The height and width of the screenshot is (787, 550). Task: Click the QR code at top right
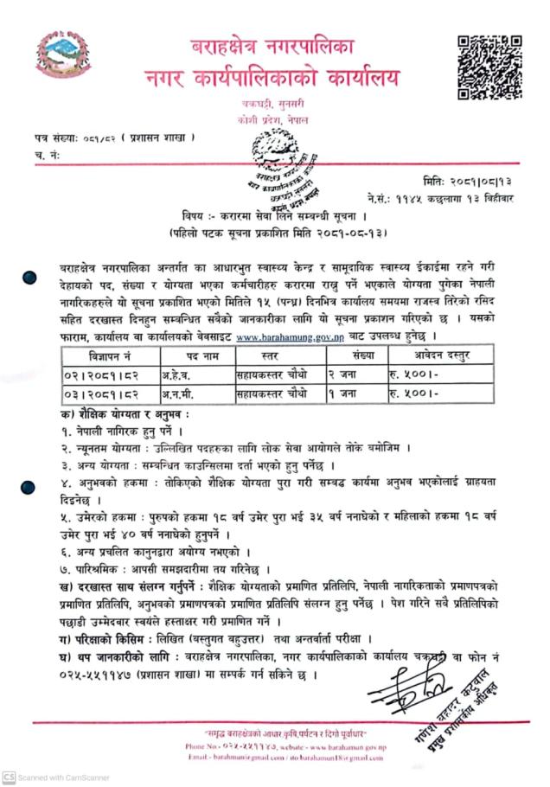(489, 67)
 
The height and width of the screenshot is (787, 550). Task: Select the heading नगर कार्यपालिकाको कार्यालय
(274, 79)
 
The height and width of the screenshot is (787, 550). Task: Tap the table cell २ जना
(343, 374)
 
